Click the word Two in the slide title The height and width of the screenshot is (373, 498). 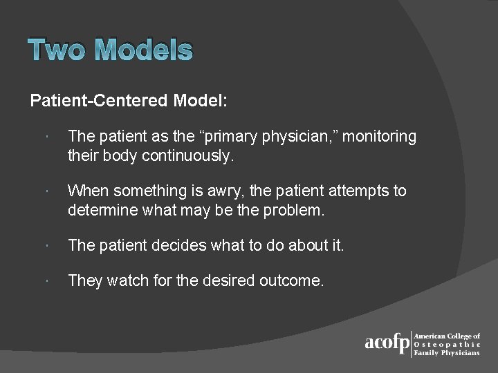[58, 50]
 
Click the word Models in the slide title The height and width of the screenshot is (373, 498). [143, 50]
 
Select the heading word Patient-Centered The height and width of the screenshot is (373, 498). [99, 101]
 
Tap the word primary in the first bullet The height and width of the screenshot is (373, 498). [232, 137]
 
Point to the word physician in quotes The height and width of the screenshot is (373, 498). [295, 137]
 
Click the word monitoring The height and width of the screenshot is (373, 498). [379, 137]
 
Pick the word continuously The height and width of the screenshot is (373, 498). [187, 155]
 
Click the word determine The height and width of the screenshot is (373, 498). [101, 209]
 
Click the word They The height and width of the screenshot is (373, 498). [85, 280]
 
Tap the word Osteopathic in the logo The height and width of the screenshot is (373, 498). [448, 344]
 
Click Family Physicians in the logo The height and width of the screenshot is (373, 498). [448, 352]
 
